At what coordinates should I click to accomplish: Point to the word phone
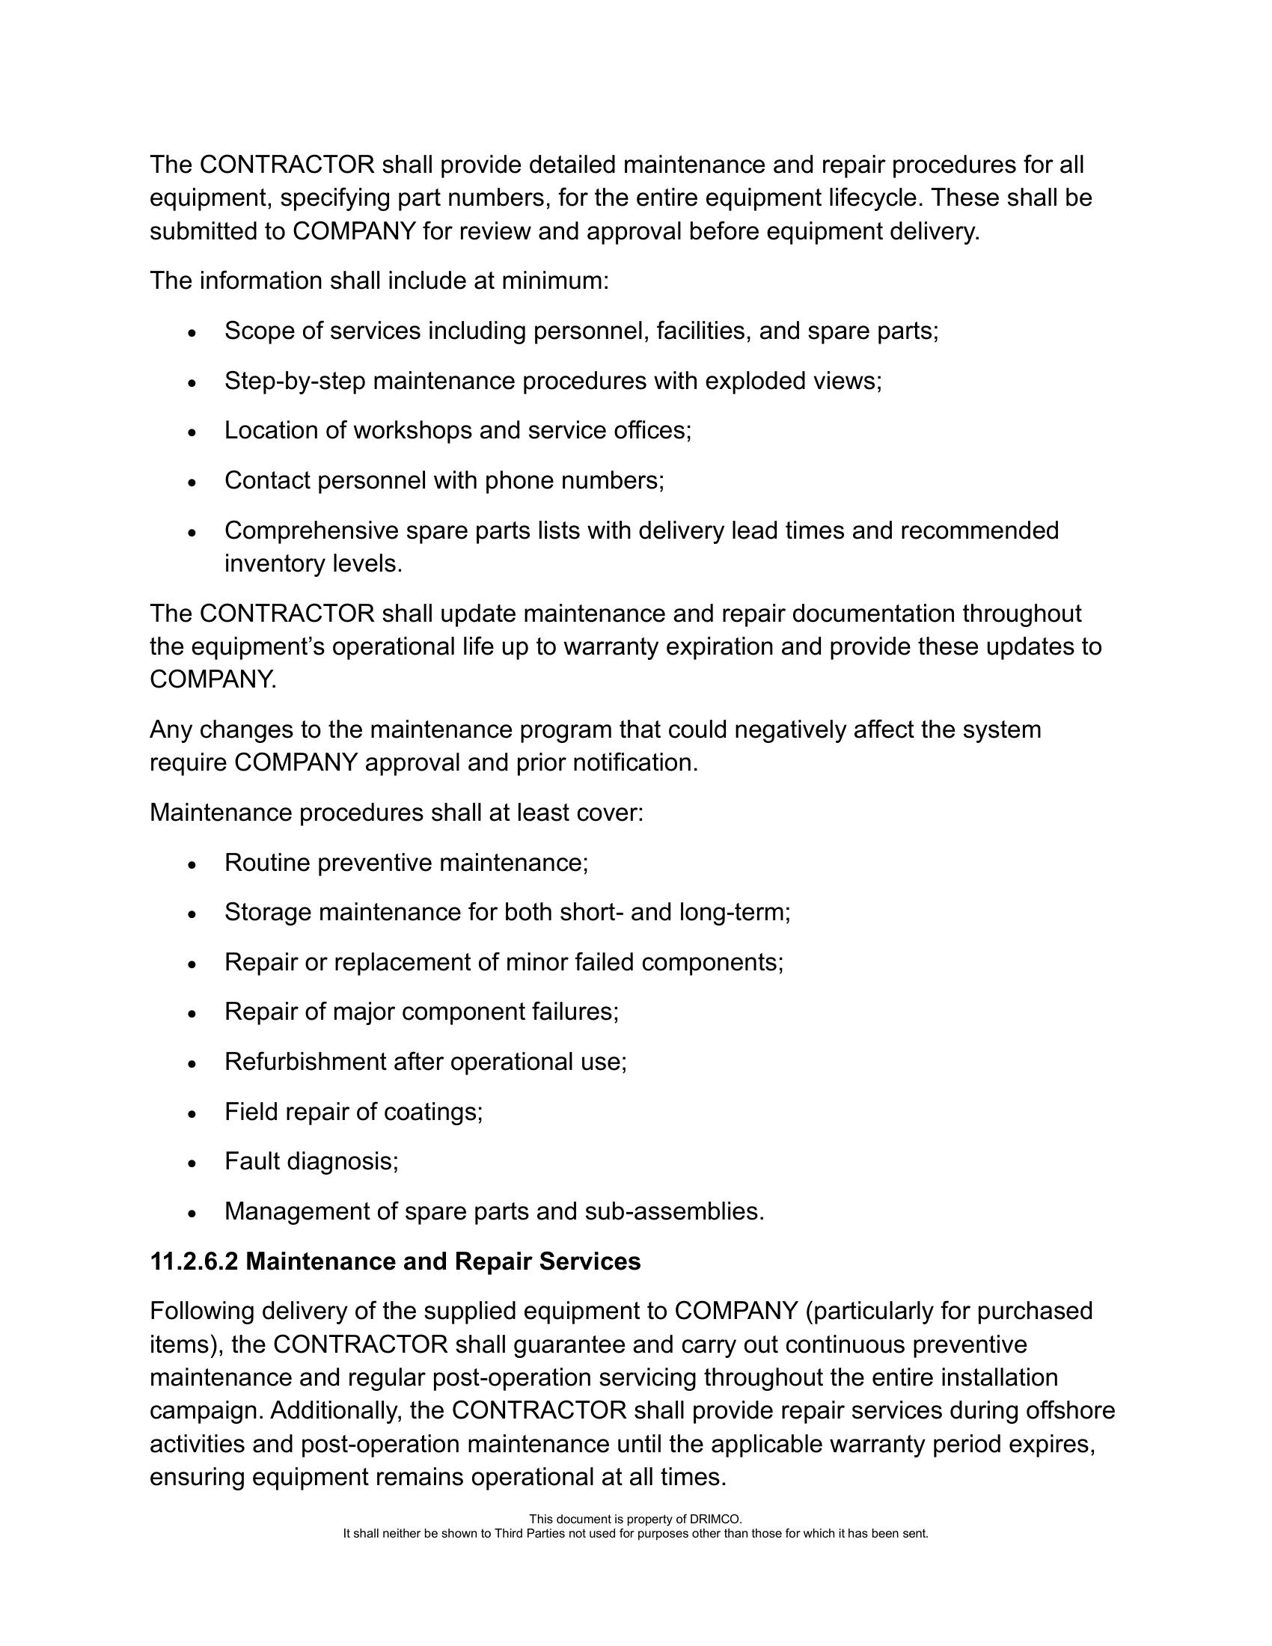[x=519, y=480]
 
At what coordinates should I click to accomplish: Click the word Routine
[x=268, y=862]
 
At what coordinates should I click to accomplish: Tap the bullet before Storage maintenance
[x=193, y=914]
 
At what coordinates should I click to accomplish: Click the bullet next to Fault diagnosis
[x=193, y=1163]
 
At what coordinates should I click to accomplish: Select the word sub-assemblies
[x=674, y=1211]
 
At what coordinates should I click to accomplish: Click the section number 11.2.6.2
[x=194, y=1261]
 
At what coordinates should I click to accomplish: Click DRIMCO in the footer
[x=719, y=1519]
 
